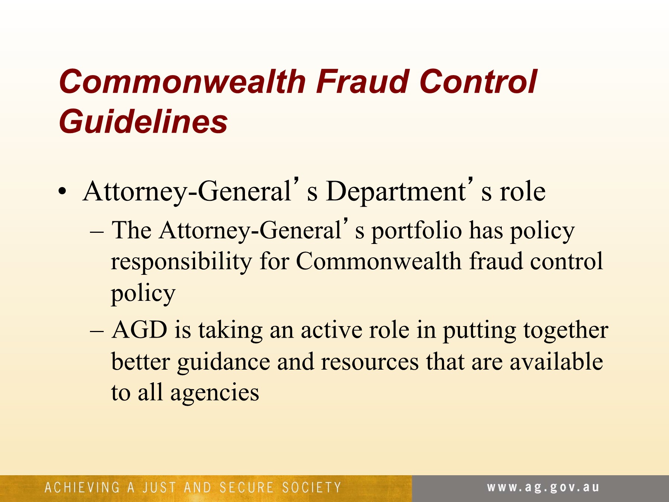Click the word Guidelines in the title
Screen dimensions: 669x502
[x=143, y=122]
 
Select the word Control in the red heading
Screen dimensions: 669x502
[x=478, y=81]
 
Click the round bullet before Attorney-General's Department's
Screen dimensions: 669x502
[x=62, y=192]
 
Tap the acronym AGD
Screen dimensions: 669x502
[x=139, y=329]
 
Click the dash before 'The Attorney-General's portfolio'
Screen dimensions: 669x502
[x=96, y=232]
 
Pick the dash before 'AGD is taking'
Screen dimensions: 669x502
[x=96, y=331]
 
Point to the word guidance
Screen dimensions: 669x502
[x=223, y=362]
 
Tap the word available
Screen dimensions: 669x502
[x=556, y=361]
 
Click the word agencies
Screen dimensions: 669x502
[x=214, y=393]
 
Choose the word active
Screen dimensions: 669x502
[x=331, y=330]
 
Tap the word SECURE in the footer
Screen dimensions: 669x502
[x=246, y=487]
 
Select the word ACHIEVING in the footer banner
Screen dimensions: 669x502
[x=82, y=487]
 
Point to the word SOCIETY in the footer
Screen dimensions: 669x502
[x=311, y=487]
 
